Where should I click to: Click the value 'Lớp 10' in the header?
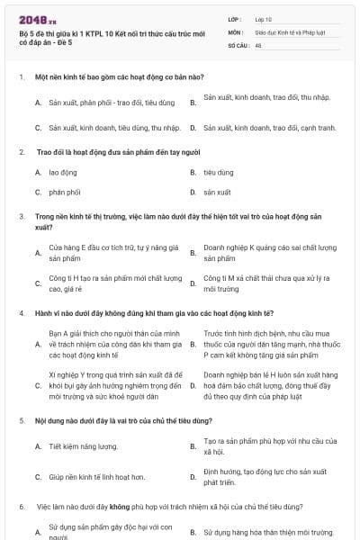263,18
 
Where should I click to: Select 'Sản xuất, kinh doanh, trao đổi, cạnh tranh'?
269,128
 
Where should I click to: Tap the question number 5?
21,420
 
